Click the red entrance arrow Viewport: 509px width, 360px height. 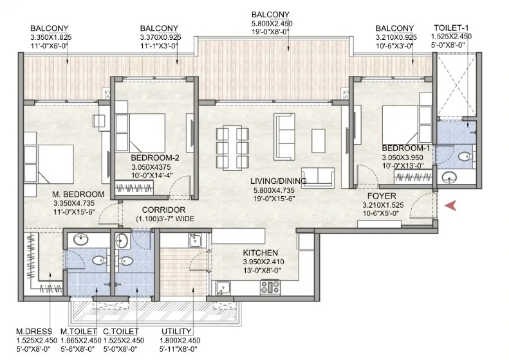point(450,205)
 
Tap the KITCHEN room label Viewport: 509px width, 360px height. point(261,253)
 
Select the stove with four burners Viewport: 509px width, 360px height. point(270,287)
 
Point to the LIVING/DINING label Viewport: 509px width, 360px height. point(278,181)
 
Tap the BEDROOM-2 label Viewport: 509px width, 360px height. point(155,158)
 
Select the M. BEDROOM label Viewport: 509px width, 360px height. point(79,194)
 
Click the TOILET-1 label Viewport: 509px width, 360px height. point(451,28)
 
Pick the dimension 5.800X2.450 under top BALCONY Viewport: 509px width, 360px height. point(272,23)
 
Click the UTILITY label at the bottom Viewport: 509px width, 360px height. point(176,332)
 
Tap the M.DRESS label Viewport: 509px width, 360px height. point(34,332)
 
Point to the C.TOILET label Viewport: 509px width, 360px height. point(121,332)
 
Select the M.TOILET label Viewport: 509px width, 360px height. point(79,332)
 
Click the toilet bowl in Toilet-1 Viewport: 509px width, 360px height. point(466,156)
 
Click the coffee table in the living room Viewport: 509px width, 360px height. point(318,141)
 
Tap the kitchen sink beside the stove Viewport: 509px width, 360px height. point(223,287)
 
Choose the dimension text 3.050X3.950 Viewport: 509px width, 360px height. point(402,157)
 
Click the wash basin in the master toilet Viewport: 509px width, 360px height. point(80,240)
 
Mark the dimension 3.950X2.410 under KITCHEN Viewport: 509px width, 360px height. point(263,262)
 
